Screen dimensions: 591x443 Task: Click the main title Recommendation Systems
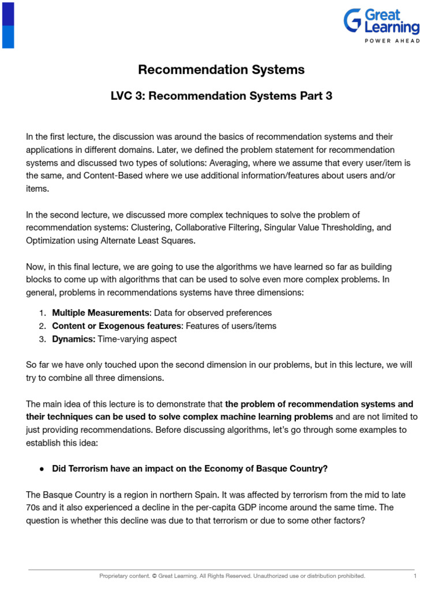pyautogui.click(x=221, y=70)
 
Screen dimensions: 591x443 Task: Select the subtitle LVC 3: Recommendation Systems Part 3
pyautogui.click(x=221, y=96)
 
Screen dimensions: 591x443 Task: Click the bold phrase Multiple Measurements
pyautogui.click(x=100, y=313)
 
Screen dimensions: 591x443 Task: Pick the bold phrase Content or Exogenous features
pyautogui.click(x=117, y=326)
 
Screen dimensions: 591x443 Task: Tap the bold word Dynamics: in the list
pyautogui.click(x=73, y=339)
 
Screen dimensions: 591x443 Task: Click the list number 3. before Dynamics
pyautogui.click(x=43, y=339)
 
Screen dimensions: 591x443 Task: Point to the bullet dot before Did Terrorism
pyautogui.click(x=43, y=469)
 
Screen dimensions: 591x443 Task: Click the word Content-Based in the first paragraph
pyautogui.click(x=75, y=175)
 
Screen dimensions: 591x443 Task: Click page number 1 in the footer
pyautogui.click(x=415, y=576)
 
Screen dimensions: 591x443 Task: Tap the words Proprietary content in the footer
pyautogui.click(x=123, y=576)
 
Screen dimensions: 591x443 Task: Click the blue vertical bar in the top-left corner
pyautogui.click(x=8, y=24)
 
